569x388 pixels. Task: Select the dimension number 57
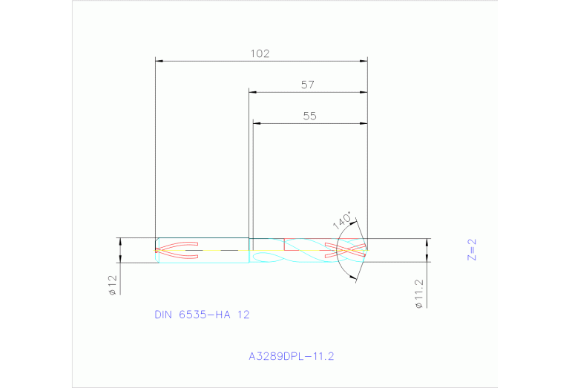[308, 85]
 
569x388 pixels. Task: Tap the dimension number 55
[310, 116]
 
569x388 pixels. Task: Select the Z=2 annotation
[471, 249]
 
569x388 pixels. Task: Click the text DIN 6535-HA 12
[202, 315]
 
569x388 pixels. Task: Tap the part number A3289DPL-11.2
[292, 356]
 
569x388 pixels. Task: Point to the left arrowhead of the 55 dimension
[257, 123]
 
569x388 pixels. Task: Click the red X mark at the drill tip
[346, 250]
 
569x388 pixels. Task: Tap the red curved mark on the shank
[177, 250]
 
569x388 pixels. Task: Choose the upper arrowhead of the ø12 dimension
[119, 241]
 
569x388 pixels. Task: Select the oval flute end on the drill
[261, 256]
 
